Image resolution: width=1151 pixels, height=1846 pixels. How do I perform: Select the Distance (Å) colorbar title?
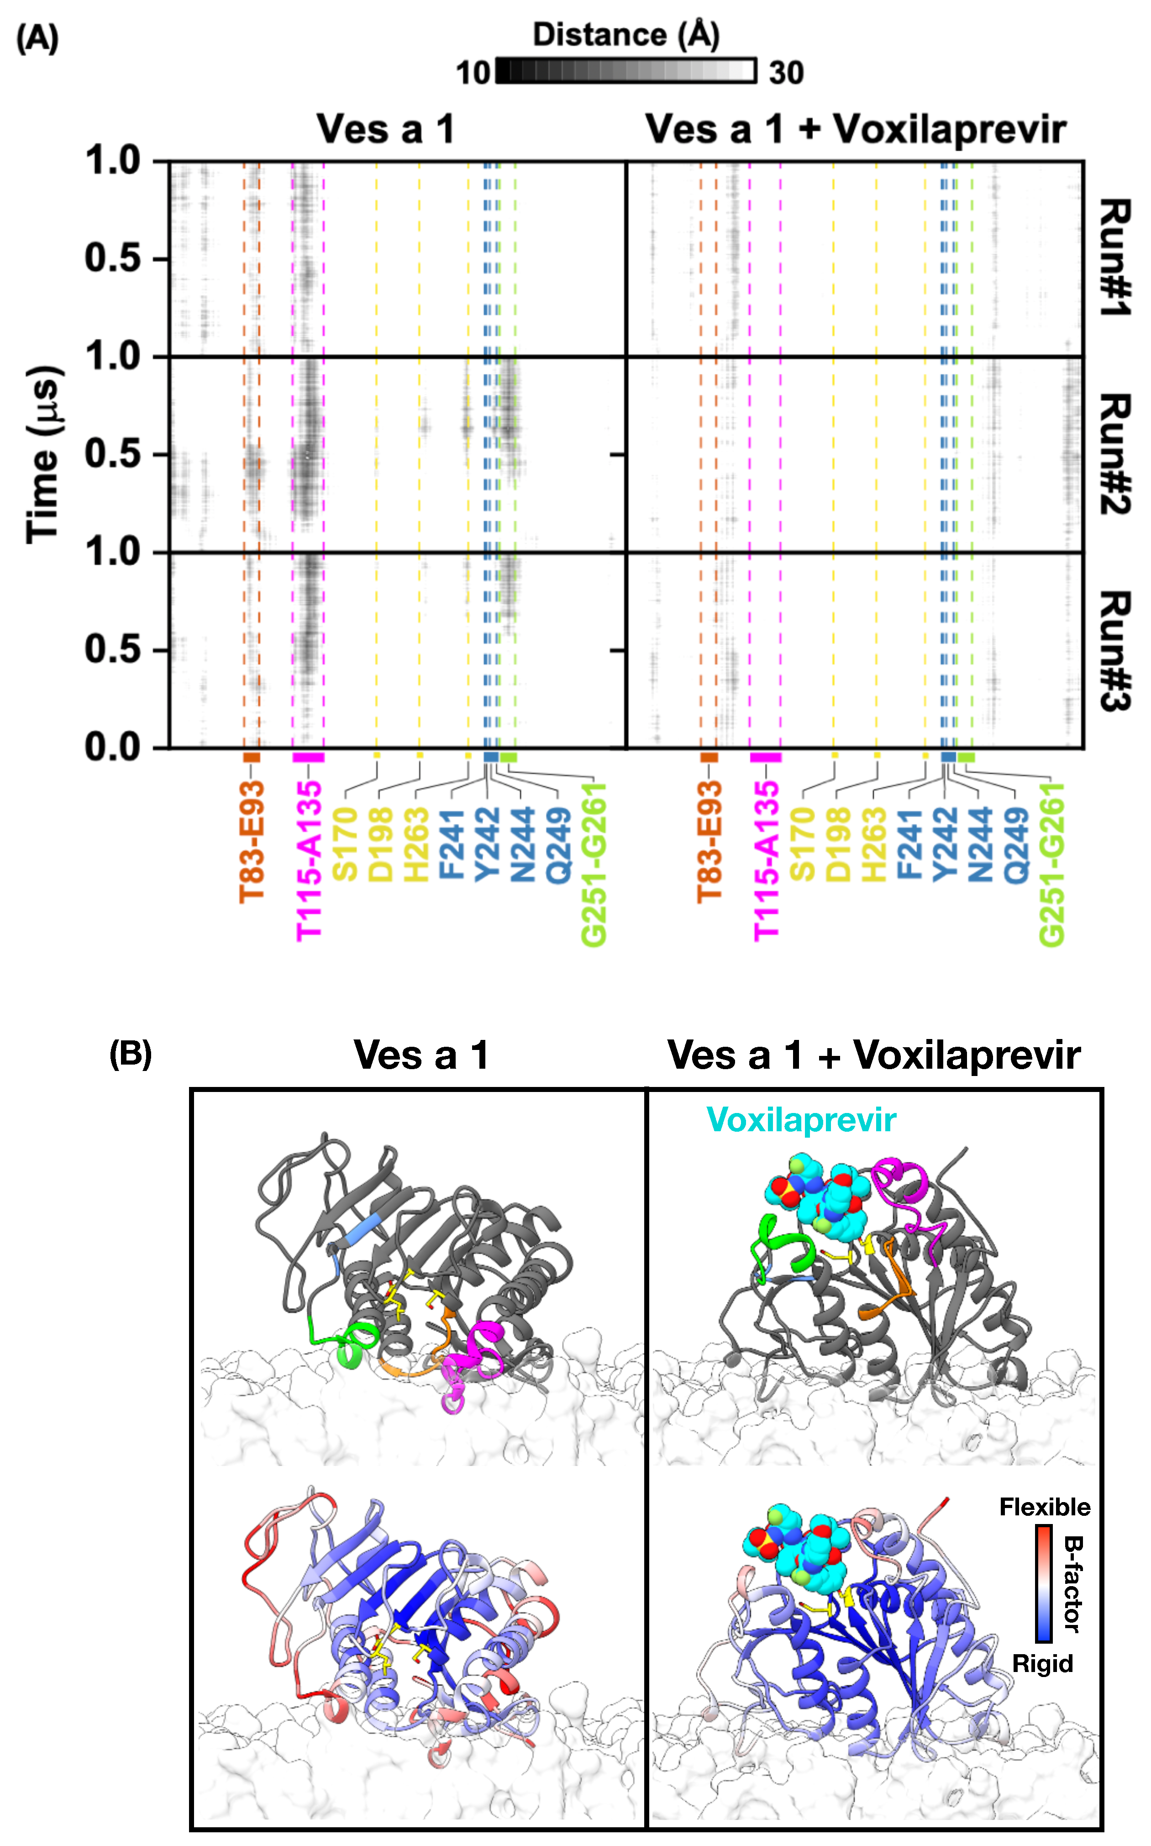[x=626, y=35]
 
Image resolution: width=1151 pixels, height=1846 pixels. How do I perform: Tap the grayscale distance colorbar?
[x=626, y=71]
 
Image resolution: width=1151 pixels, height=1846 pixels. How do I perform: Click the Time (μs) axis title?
[x=44, y=454]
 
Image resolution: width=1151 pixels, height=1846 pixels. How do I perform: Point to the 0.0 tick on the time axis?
[x=113, y=748]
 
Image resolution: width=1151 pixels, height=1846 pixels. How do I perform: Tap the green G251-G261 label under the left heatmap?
[x=594, y=864]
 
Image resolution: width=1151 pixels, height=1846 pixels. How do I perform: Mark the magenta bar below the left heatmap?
[x=308, y=757]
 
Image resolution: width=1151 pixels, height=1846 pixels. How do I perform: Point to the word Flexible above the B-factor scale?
[x=1045, y=1507]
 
